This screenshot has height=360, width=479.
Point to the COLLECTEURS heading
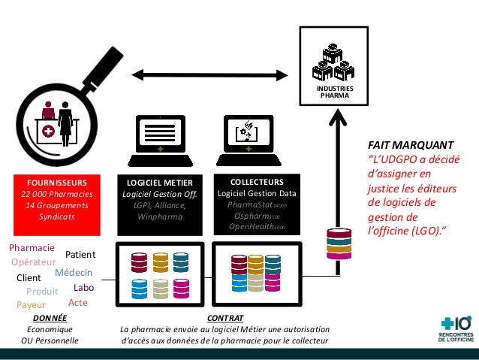coord(257,182)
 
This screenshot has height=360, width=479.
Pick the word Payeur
coord(31,305)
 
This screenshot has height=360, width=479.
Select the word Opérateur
coord(34,262)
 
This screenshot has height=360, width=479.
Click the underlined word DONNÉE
coord(50,318)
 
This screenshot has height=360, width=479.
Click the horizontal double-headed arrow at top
coord(209,74)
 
